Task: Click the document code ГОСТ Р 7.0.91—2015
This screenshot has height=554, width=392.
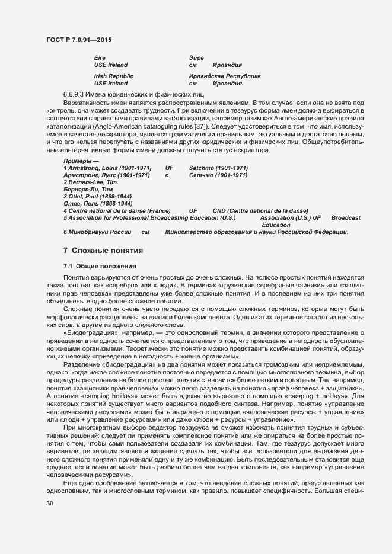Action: (78, 40)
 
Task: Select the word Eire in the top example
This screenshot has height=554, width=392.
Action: (100, 57)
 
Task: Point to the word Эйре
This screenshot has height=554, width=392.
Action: (196, 57)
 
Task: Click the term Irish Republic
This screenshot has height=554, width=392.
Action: (114, 76)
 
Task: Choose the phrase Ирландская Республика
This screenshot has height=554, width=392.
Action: (224, 76)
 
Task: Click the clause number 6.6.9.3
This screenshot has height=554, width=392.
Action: (75, 94)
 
